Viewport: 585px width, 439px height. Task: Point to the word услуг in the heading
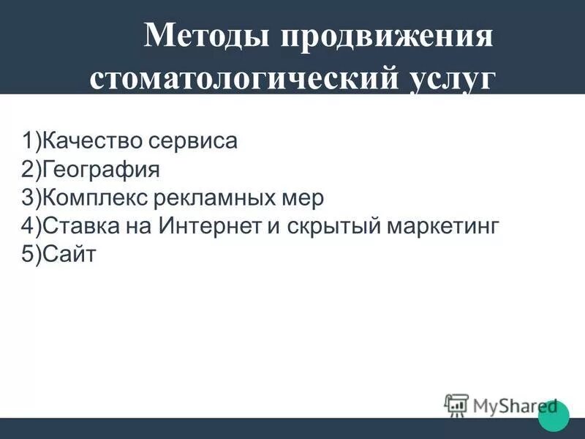click(448, 78)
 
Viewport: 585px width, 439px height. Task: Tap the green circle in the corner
click(554, 416)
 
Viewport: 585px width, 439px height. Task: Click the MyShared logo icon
click(456, 405)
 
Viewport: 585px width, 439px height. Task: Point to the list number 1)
click(32, 140)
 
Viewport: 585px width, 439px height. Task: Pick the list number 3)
click(32, 198)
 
